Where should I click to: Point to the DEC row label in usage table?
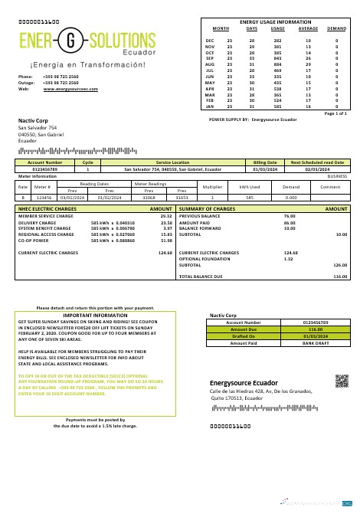(x=210, y=40)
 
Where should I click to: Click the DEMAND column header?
(x=336, y=28)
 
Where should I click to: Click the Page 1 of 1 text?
(x=335, y=113)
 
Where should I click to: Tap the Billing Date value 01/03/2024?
(x=263, y=169)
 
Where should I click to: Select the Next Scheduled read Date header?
(x=317, y=162)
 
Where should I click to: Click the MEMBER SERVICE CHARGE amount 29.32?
(x=165, y=216)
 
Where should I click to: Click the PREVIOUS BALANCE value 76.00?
(x=290, y=216)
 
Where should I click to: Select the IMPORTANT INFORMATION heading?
(x=95, y=315)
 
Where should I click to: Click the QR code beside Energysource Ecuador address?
(x=342, y=381)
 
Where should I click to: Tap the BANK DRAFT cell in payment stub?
(x=315, y=342)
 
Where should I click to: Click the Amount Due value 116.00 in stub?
(x=315, y=329)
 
